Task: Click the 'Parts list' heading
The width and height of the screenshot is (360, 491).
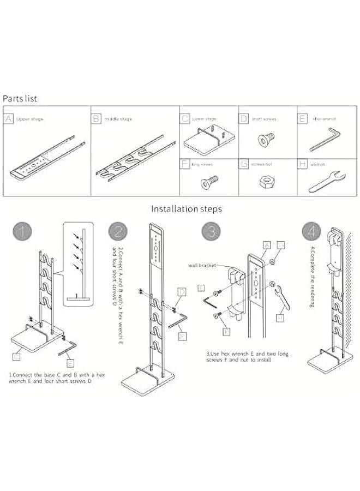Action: (20, 99)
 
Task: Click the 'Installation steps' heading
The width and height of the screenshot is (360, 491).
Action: (187, 208)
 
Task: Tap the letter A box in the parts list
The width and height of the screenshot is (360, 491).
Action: (9, 118)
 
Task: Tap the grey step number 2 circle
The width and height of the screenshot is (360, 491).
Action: (118, 232)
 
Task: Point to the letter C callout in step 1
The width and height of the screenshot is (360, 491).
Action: (16, 356)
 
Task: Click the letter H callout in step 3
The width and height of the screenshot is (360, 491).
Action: (280, 318)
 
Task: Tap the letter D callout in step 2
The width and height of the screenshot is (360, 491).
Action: (182, 292)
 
